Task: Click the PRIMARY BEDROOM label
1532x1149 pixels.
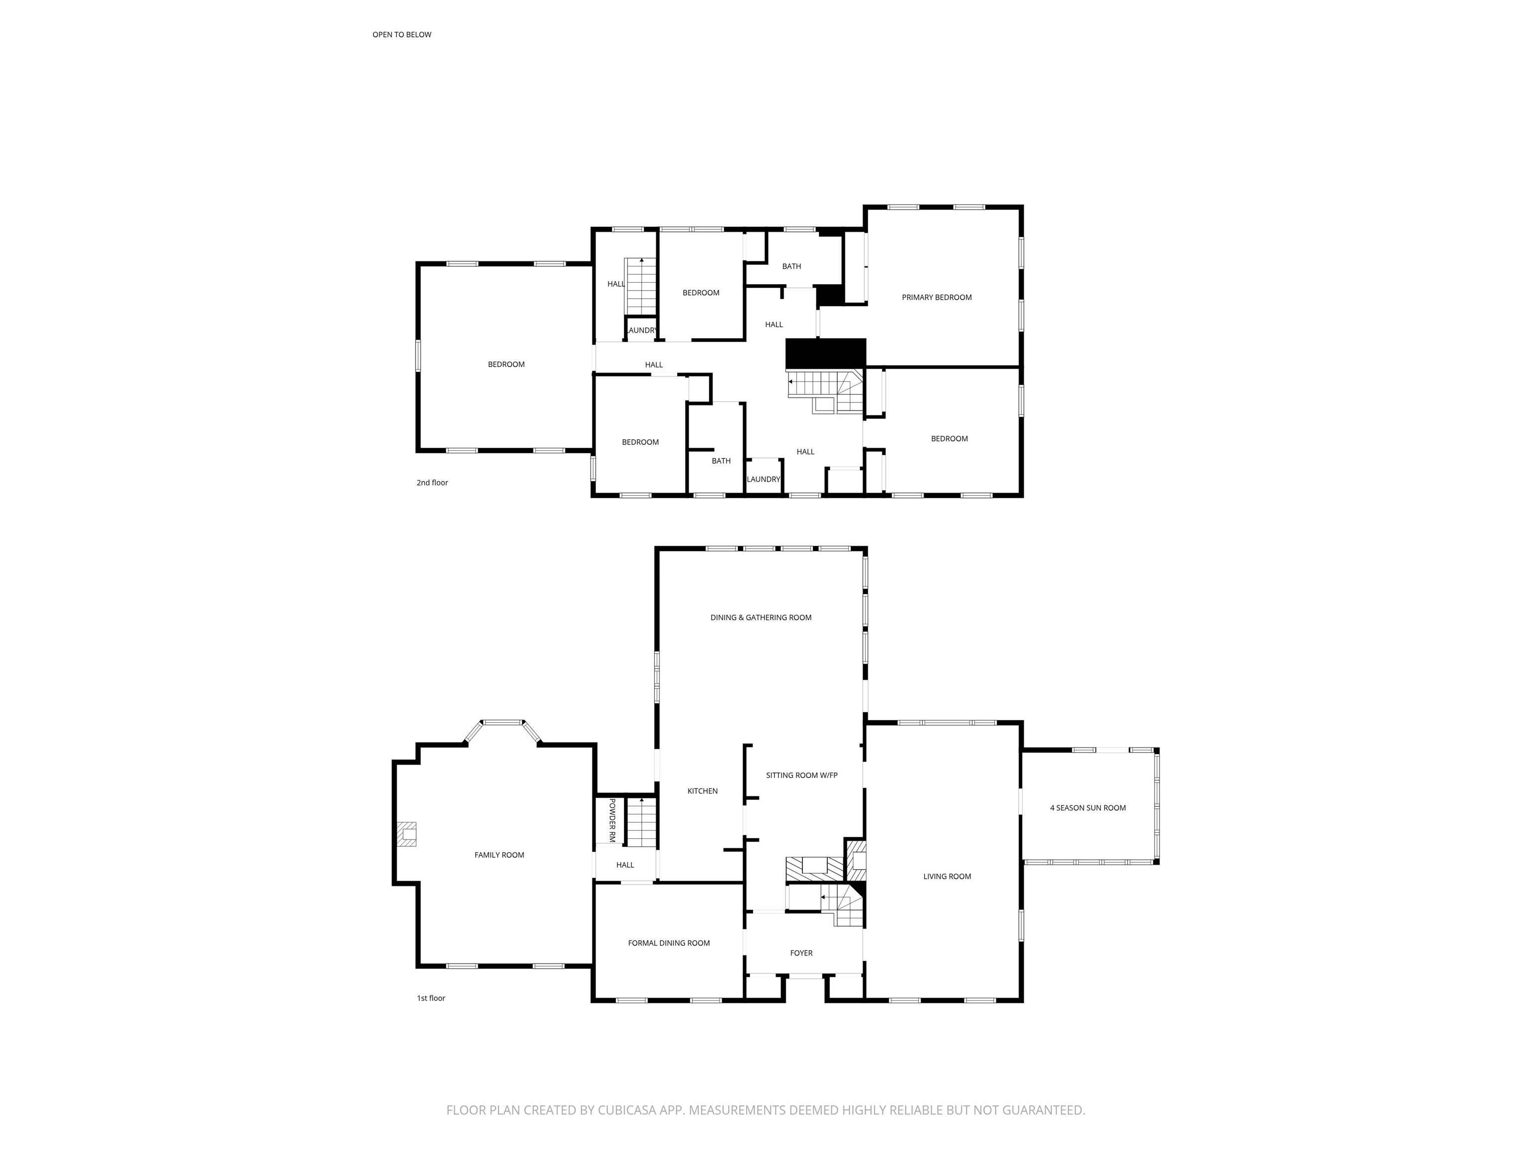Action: (x=937, y=297)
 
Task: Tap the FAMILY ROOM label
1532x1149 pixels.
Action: (x=499, y=855)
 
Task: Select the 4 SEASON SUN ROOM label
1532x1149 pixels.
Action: (x=1087, y=807)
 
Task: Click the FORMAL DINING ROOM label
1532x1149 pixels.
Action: (x=668, y=943)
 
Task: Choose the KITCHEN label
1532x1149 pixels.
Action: (x=702, y=791)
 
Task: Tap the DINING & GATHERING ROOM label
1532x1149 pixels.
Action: (x=761, y=617)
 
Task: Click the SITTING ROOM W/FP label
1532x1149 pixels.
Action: (x=801, y=775)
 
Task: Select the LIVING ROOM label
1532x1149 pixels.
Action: (x=947, y=876)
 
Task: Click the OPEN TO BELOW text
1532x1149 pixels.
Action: (x=401, y=34)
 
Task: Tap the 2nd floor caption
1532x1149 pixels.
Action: (x=432, y=483)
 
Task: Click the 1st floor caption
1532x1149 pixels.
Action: (x=431, y=998)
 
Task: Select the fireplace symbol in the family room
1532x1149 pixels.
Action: (x=406, y=834)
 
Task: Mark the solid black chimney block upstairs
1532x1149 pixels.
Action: (x=825, y=354)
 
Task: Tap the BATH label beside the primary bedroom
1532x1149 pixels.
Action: (x=791, y=266)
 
